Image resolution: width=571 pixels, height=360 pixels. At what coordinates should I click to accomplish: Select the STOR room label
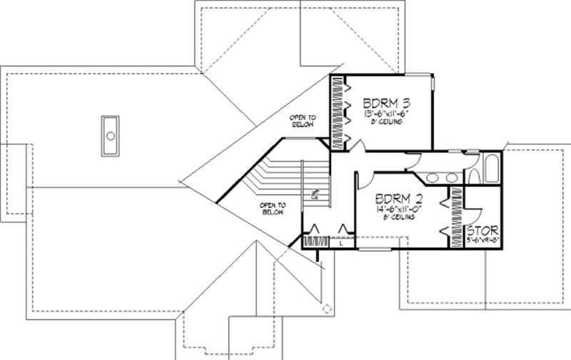(x=482, y=231)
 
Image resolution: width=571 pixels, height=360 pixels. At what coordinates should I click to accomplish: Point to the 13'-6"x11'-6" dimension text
(x=388, y=113)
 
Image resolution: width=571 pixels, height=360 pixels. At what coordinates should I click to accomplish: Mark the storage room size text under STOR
(x=482, y=241)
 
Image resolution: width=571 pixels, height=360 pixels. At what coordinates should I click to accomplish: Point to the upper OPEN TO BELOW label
(x=303, y=121)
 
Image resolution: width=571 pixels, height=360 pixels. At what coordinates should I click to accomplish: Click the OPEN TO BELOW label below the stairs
(x=273, y=209)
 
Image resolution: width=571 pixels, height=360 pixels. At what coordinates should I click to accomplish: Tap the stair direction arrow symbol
(x=315, y=193)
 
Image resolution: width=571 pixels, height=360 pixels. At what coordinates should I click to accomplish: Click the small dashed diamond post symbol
(x=327, y=309)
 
